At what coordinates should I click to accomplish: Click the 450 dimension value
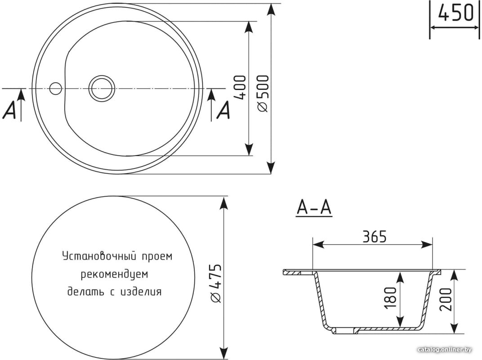(x=455, y=13)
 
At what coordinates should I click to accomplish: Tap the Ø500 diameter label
(x=263, y=94)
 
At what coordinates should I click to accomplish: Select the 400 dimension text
(x=240, y=87)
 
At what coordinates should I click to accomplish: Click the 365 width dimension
(x=374, y=237)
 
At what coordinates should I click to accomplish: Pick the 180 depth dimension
(x=390, y=298)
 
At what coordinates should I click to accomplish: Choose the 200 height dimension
(x=446, y=300)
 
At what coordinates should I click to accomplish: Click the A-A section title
(x=314, y=207)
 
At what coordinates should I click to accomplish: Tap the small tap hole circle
(x=56, y=88)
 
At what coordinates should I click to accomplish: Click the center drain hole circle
(x=102, y=88)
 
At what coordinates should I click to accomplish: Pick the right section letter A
(x=223, y=110)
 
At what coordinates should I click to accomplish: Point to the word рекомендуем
(x=114, y=274)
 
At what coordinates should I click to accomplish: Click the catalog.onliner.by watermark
(x=445, y=350)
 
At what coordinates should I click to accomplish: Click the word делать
(x=86, y=292)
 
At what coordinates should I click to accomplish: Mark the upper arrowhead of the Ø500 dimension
(x=271, y=10)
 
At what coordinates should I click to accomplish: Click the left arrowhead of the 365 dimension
(x=318, y=245)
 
